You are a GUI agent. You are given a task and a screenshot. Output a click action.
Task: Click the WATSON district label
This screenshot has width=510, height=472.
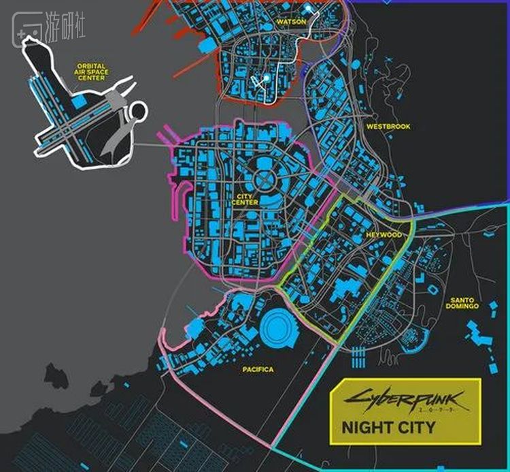[x=292, y=22]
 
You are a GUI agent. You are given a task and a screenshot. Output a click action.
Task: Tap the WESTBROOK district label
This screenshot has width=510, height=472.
[x=388, y=127]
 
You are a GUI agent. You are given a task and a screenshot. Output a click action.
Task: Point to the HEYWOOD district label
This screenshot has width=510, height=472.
[x=383, y=234]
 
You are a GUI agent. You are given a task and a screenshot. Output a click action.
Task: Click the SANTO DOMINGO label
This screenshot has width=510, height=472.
[x=463, y=303]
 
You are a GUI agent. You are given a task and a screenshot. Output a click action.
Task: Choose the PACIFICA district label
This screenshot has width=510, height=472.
[x=258, y=369]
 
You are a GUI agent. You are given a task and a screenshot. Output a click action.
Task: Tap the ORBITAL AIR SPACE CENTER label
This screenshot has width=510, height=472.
[x=90, y=72]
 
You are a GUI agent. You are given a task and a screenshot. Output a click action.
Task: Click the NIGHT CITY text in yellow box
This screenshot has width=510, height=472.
[x=386, y=429]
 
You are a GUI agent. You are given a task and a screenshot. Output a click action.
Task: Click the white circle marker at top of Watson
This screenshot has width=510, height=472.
[x=308, y=9]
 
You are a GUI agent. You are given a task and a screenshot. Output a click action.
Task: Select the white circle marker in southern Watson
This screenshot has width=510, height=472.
[x=267, y=79]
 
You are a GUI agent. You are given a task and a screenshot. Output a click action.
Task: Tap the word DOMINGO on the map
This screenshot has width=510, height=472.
[x=463, y=306]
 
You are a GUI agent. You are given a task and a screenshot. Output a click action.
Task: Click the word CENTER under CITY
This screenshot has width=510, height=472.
[x=244, y=203]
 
